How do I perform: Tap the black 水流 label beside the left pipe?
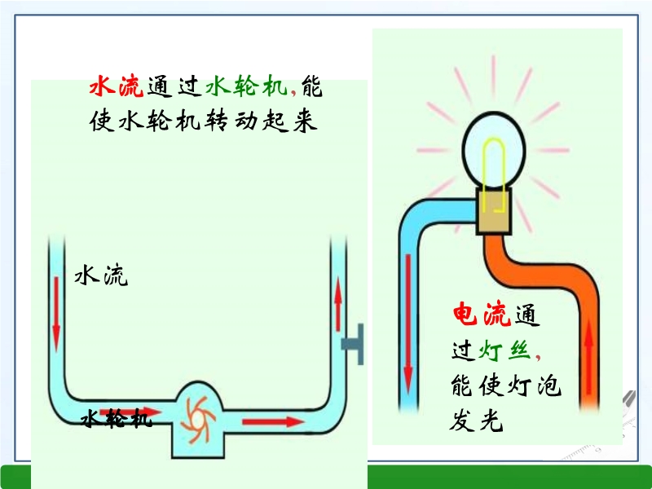pos(101,276)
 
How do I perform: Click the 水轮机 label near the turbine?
pos(116,420)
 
